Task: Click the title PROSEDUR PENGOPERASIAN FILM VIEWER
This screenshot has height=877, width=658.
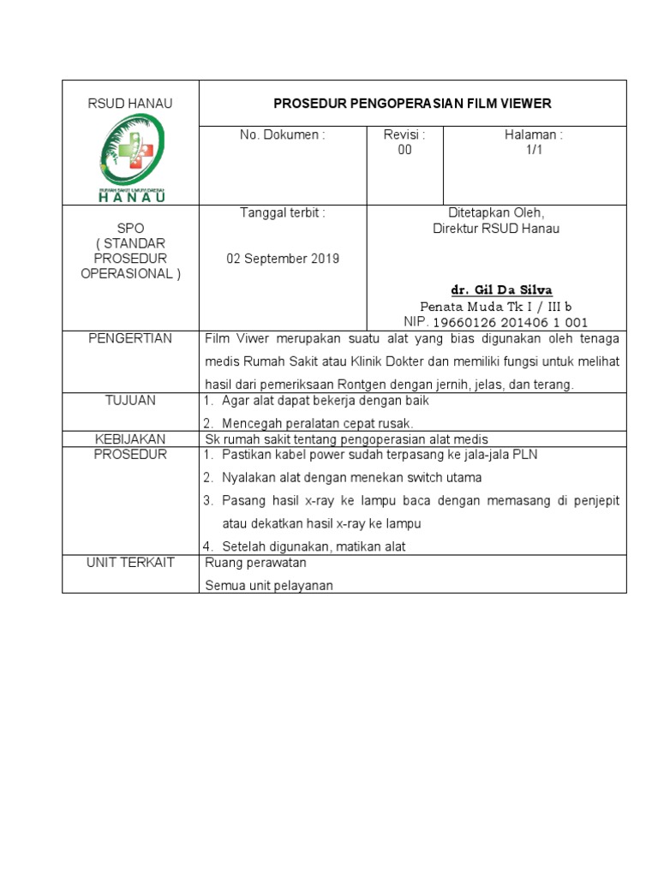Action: click(x=412, y=104)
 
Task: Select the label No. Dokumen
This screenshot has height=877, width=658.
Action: click(x=282, y=134)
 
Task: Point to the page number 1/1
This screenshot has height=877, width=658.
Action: click(x=535, y=150)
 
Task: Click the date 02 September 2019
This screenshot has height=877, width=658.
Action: click(x=283, y=259)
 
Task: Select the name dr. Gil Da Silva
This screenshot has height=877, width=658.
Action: click(x=495, y=290)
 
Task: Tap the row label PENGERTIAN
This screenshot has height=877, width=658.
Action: click(x=130, y=338)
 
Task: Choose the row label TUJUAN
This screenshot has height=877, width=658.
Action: click(x=130, y=401)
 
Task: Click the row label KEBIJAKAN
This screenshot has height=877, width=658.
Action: click(x=130, y=438)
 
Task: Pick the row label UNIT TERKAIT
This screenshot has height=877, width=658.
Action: click(x=130, y=563)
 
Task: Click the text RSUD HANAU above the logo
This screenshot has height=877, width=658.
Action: click(x=130, y=104)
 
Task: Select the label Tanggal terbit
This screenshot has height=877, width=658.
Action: click(x=282, y=212)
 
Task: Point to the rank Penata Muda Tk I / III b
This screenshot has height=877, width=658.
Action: click(x=495, y=307)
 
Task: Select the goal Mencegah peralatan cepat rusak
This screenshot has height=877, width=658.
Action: click(x=317, y=423)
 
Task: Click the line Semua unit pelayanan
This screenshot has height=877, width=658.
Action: click(x=269, y=586)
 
